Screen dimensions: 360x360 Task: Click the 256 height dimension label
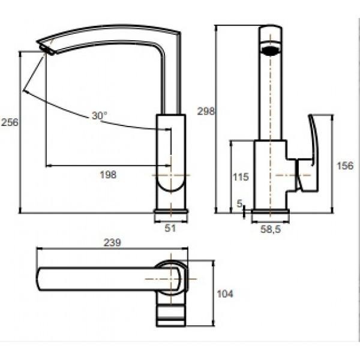click(x=10, y=122)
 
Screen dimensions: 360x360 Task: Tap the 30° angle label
click(x=100, y=115)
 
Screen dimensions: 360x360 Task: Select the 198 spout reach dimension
click(x=108, y=175)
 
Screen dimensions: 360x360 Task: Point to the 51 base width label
click(x=170, y=228)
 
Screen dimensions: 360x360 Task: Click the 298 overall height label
click(x=206, y=112)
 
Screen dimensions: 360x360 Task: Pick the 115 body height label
click(x=241, y=177)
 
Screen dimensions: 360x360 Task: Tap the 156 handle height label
click(x=345, y=166)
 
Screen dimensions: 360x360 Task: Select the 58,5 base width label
click(x=271, y=229)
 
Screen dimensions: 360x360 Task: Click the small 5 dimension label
click(x=239, y=203)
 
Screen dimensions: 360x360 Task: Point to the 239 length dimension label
click(x=112, y=242)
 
